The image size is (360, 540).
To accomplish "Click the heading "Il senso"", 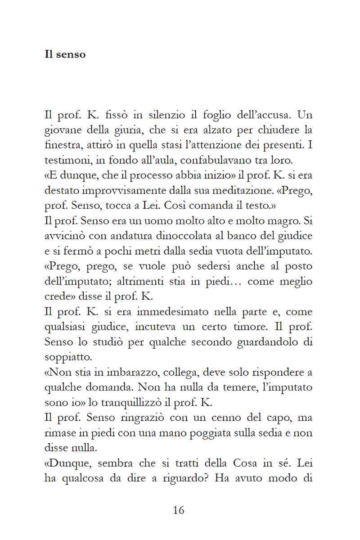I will [x=65, y=55].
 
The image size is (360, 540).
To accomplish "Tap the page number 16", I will [x=179, y=510].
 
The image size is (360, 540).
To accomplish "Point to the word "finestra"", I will [x=62, y=145].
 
